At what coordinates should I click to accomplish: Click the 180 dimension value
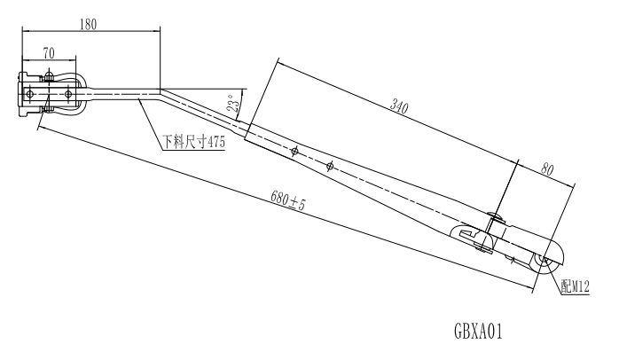[88, 24]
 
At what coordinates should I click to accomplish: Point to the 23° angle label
[233, 105]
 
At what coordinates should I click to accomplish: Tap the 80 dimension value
[548, 168]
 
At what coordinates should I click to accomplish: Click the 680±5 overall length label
[289, 202]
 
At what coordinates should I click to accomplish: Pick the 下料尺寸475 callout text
[192, 143]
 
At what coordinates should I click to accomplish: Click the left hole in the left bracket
[31, 93]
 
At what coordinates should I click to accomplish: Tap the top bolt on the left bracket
[49, 76]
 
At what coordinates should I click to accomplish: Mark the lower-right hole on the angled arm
[329, 166]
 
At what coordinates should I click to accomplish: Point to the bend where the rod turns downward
[160, 91]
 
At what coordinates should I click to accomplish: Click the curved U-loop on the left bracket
[82, 93]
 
